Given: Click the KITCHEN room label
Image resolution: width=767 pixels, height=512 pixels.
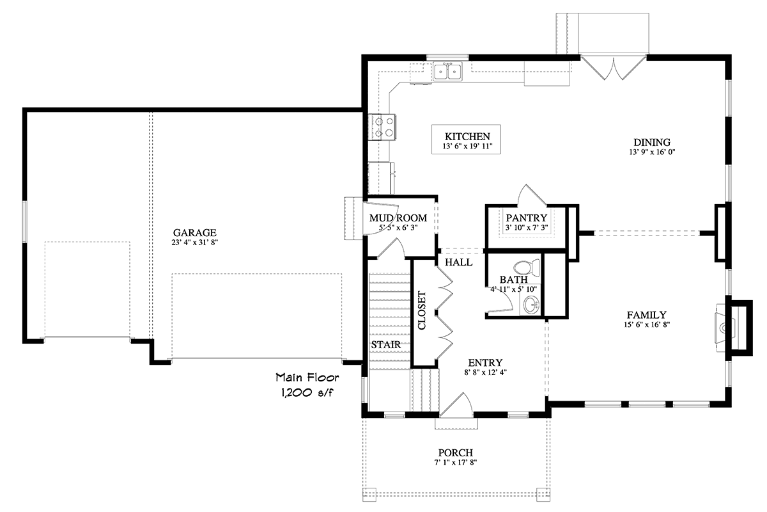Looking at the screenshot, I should [467, 136].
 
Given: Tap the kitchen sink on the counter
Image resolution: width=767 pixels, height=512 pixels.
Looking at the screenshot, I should [448, 72].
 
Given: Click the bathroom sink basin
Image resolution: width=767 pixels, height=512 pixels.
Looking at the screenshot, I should [531, 306].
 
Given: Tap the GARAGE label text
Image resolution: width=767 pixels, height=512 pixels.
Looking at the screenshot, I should [194, 232].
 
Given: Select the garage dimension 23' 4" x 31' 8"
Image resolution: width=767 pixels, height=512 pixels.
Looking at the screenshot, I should [194, 243].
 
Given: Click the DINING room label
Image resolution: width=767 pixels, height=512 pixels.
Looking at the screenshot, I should [651, 142].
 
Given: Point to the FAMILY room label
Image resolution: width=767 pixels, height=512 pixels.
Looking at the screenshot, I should [646, 315].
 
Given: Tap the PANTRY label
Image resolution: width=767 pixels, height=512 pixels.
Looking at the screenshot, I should [526, 218].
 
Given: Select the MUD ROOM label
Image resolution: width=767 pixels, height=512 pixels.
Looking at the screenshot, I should [398, 218].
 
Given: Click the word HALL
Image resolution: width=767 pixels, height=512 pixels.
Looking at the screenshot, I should [460, 262].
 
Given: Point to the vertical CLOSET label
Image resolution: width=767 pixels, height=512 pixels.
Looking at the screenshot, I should [422, 310].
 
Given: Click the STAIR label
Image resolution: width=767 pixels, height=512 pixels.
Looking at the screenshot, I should [385, 345].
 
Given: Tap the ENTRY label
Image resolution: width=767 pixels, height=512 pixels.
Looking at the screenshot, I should [485, 362].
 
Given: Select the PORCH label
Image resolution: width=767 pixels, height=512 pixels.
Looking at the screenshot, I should [454, 452].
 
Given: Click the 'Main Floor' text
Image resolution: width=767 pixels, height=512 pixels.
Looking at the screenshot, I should [307, 377].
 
